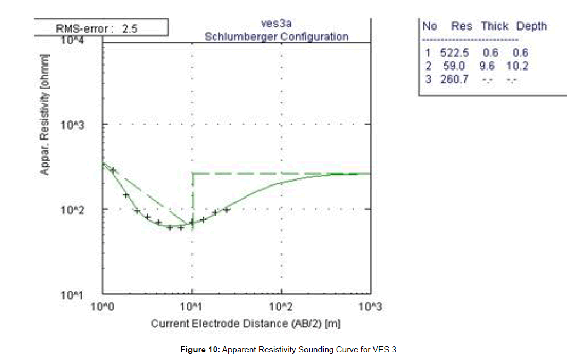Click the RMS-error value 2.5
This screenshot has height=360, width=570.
(130, 30)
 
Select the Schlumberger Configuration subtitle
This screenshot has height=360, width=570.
(276, 37)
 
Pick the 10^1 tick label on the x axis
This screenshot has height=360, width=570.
(193, 307)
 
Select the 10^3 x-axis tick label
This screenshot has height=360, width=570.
(370, 307)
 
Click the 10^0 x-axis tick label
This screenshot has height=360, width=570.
(103, 307)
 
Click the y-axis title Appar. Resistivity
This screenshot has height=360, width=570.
(44, 115)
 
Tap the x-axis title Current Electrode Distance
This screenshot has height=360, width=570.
(246, 323)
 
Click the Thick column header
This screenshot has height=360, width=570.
(494, 26)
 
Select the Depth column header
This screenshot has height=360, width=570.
(531, 26)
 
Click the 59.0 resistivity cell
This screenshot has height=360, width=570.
(454, 66)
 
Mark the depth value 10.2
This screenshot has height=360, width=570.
(517, 66)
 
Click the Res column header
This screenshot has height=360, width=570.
(462, 26)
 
